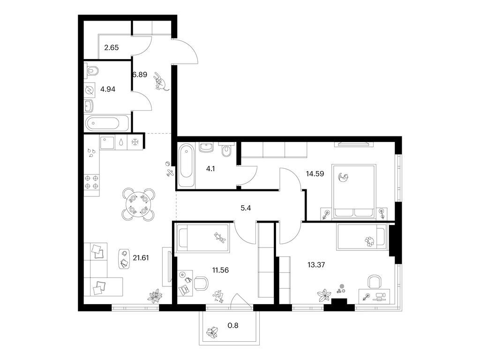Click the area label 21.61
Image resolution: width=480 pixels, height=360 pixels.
(x=141, y=258)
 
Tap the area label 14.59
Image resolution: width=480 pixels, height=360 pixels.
(x=315, y=173)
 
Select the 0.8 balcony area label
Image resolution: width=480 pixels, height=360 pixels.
(x=233, y=325)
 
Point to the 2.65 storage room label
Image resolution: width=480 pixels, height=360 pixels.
(x=112, y=47)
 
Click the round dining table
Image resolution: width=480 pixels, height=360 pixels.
(x=139, y=204)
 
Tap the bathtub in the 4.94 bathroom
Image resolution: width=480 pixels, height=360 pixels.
(x=103, y=124)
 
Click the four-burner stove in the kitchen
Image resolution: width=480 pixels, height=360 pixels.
(x=91, y=182)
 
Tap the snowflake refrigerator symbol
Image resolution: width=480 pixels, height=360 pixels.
(x=135, y=142)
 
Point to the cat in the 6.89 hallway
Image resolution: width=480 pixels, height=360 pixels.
(x=160, y=81)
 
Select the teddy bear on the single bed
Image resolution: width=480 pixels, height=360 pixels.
(x=219, y=238)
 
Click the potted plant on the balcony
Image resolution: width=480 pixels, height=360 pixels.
(x=212, y=332)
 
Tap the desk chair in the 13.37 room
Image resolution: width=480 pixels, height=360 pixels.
(x=375, y=281)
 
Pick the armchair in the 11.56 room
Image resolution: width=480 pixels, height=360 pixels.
(x=201, y=283)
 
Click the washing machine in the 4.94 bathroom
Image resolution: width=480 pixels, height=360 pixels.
(x=90, y=90)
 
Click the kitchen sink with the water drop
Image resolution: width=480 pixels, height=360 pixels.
(x=121, y=142)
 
